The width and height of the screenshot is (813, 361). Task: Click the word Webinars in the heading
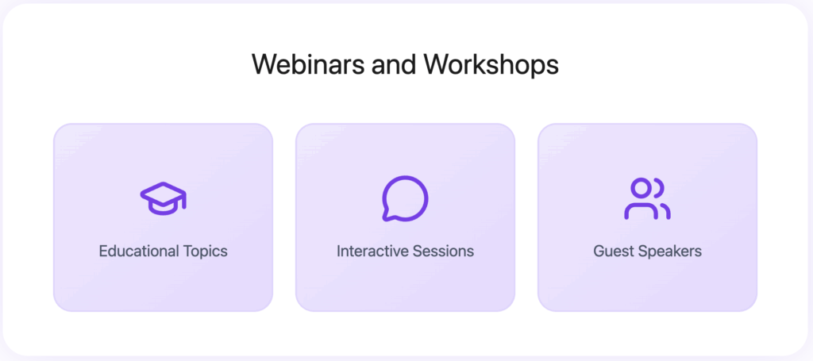308,64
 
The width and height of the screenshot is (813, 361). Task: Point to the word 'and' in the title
394,64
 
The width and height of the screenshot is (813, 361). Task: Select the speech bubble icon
405,198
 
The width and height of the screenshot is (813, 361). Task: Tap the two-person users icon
647,198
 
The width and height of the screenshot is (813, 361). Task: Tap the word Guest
612,252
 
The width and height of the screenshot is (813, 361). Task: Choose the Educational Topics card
163,286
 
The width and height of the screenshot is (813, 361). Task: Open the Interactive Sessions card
405,286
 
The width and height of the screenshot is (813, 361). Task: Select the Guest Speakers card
647,286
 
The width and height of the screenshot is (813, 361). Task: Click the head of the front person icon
641,188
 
